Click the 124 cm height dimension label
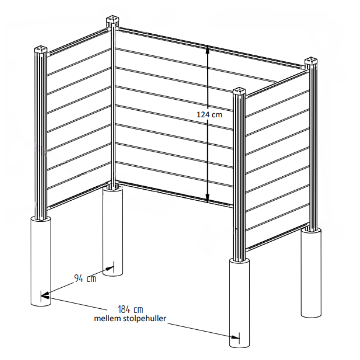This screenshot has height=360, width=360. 209,115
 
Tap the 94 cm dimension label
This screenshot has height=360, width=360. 85,278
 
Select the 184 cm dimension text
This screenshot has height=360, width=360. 130,309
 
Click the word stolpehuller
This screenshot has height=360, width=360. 144,319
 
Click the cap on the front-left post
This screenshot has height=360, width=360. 41,50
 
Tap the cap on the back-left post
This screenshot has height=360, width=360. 112,20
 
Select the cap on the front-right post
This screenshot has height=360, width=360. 239,91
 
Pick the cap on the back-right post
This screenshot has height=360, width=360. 311,61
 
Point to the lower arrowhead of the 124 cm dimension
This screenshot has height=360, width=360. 208,198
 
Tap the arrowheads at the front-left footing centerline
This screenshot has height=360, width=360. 45,295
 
